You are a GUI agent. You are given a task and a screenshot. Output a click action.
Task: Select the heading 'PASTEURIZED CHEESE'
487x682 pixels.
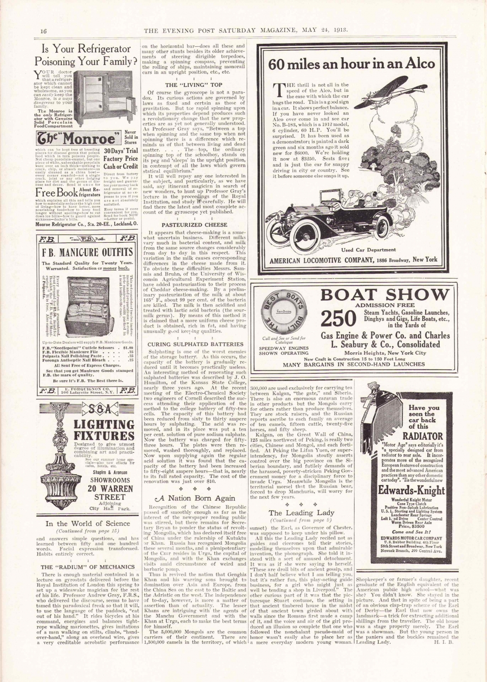tap(194, 225)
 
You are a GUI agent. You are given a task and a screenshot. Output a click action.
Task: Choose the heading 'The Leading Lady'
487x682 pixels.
tap(301, 512)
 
